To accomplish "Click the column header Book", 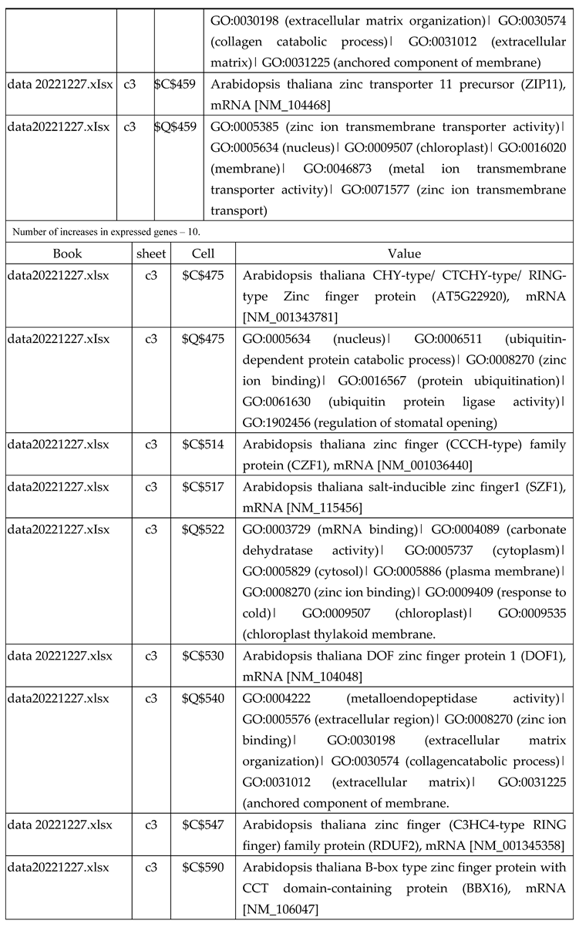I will tap(68, 254).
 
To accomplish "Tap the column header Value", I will tap(405, 254).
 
